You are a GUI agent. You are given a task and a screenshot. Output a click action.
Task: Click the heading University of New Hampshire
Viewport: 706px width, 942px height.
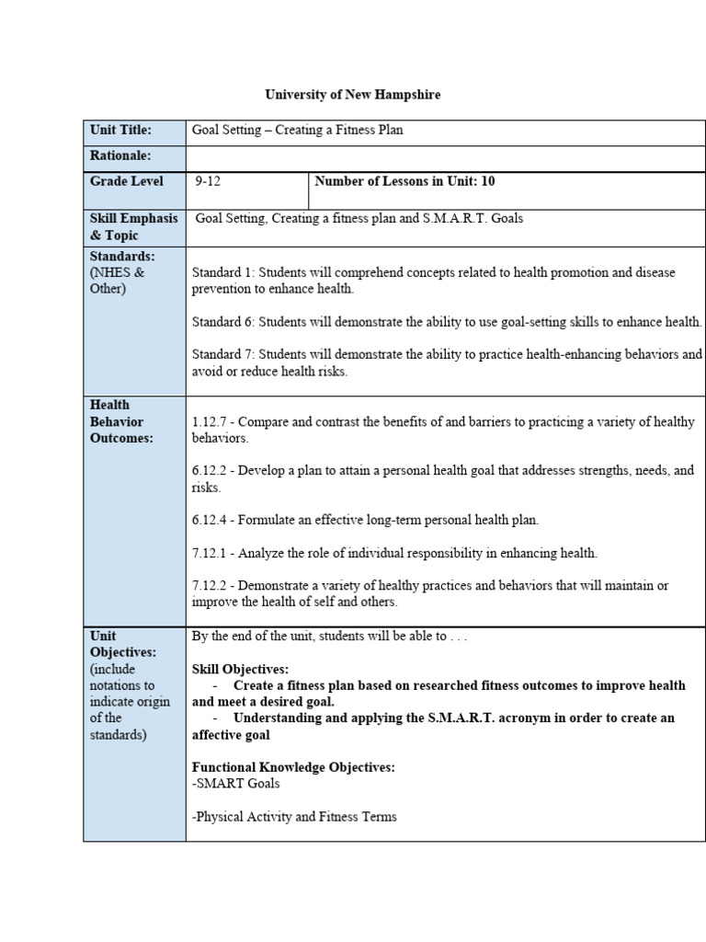tap(353, 95)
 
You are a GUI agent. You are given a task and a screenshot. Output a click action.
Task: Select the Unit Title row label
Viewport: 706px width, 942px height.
tap(120, 131)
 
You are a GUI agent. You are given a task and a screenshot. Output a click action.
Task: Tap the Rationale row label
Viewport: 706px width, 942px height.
tap(120, 156)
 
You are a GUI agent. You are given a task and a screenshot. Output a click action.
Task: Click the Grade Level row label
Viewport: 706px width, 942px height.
tap(127, 181)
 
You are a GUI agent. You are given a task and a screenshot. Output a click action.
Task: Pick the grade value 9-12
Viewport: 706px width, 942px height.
tap(208, 181)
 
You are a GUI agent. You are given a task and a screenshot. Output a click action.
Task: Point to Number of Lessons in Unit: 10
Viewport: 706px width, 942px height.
tap(404, 181)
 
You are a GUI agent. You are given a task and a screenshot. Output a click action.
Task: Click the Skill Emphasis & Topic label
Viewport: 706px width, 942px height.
tap(134, 227)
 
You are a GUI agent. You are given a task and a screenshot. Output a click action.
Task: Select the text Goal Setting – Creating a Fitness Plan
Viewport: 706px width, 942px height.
tap(297, 131)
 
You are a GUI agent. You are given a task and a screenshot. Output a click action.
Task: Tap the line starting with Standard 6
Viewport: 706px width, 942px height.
tap(447, 322)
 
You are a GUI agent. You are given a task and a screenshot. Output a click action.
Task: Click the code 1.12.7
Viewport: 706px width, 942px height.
tap(210, 422)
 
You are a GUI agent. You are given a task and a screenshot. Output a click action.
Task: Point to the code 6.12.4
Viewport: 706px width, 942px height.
tap(210, 520)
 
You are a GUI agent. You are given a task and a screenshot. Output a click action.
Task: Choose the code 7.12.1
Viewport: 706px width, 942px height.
tap(210, 553)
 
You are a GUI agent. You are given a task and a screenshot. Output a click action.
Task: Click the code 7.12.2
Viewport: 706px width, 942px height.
tap(210, 586)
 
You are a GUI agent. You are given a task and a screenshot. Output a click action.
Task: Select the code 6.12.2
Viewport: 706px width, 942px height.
tap(210, 471)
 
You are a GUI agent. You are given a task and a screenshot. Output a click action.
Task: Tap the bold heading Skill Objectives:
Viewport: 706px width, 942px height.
tap(240, 669)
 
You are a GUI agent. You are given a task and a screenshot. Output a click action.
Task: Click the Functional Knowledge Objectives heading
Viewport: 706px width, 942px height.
tap(293, 767)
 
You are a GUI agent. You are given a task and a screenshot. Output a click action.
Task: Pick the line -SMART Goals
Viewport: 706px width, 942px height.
tap(236, 784)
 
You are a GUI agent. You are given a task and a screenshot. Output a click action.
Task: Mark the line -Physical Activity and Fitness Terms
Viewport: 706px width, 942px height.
tap(294, 817)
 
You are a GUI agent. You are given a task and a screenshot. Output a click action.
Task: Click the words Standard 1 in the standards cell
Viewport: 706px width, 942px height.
tap(222, 272)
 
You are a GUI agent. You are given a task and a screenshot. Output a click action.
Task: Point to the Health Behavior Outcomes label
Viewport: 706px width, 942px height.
tap(121, 421)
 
